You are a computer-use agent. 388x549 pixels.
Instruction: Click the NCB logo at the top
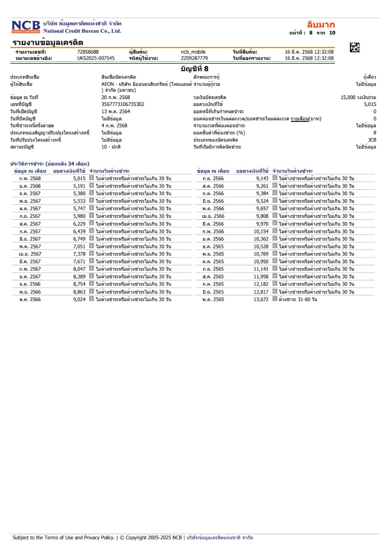[26, 27]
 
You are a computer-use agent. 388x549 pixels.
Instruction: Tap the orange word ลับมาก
[321, 24]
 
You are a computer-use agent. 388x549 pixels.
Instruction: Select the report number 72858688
[88, 52]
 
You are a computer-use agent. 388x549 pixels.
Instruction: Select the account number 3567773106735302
[123, 104]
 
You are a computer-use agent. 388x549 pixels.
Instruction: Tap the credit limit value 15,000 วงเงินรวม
[358, 97]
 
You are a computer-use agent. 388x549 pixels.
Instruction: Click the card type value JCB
[372, 140]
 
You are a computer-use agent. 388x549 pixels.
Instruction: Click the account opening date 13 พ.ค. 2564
[116, 112]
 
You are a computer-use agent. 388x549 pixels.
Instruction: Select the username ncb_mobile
[193, 52]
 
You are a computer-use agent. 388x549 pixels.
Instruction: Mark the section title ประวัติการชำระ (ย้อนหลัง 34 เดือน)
[49, 163]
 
